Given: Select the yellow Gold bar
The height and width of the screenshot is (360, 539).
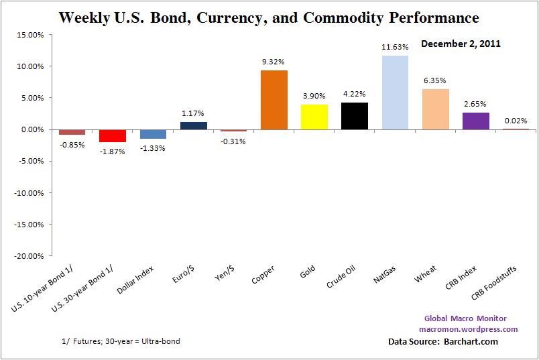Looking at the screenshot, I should coord(314,117).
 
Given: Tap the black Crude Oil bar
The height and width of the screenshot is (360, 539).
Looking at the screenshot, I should coord(355,115).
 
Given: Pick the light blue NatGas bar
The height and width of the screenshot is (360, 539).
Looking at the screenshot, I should coord(395,93).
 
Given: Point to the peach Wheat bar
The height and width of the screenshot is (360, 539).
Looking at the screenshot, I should coord(435,109).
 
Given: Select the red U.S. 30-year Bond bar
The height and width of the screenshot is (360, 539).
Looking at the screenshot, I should coord(113,135).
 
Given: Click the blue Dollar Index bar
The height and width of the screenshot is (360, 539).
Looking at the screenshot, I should coord(153,133).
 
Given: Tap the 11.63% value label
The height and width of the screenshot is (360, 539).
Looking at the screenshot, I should coord(395,47).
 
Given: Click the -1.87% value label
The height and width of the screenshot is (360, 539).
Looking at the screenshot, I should coord(113,152).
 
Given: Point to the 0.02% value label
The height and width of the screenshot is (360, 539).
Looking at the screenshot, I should coord(516,120).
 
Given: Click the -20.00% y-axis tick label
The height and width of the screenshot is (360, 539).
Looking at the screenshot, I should coord(29,256).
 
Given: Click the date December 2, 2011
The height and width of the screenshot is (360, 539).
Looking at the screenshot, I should coord(461,44).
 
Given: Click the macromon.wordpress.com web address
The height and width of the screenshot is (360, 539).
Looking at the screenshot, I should coord(468,329).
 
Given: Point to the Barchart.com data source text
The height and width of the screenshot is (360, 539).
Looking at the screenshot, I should coord(469,342).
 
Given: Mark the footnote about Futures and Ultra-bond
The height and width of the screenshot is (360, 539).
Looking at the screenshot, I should coord(120,341).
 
